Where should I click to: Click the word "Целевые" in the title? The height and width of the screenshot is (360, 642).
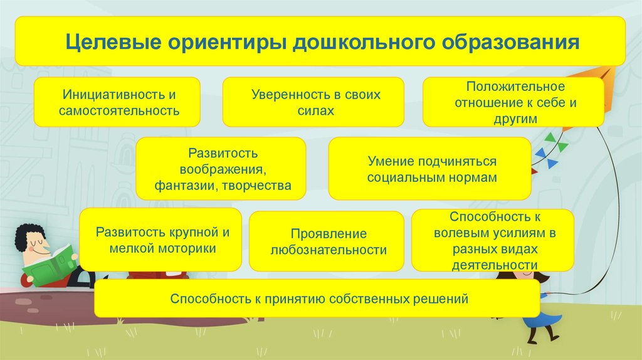pyautogui.click(x=113, y=42)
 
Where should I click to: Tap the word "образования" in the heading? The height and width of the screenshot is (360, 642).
pyautogui.click(x=510, y=42)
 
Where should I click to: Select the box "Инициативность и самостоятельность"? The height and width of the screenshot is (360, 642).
pyautogui.click(x=117, y=102)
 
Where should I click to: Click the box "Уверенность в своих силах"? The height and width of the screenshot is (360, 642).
pyautogui.click(x=313, y=102)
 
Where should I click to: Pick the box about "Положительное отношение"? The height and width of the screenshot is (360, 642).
pyautogui.click(x=513, y=102)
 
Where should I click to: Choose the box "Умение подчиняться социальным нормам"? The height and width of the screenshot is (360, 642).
pyautogui.click(x=430, y=169)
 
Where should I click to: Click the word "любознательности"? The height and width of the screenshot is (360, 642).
pyautogui.click(x=329, y=250)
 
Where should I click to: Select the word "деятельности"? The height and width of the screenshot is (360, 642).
pyautogui.click(x=495, y=265)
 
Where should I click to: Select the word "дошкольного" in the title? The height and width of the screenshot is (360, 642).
pyautogui.click(x=363, y=42)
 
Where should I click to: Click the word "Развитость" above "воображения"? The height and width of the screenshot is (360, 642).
pyautogui.click(x=223, y=153)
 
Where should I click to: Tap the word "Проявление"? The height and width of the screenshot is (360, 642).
pyautogui.click(x=329, y=234)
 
